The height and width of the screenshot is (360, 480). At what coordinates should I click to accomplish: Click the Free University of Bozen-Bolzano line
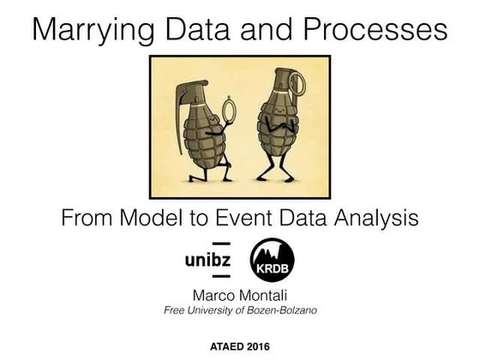(239, 309)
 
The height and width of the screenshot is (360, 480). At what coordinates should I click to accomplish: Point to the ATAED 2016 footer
(239, 346)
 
